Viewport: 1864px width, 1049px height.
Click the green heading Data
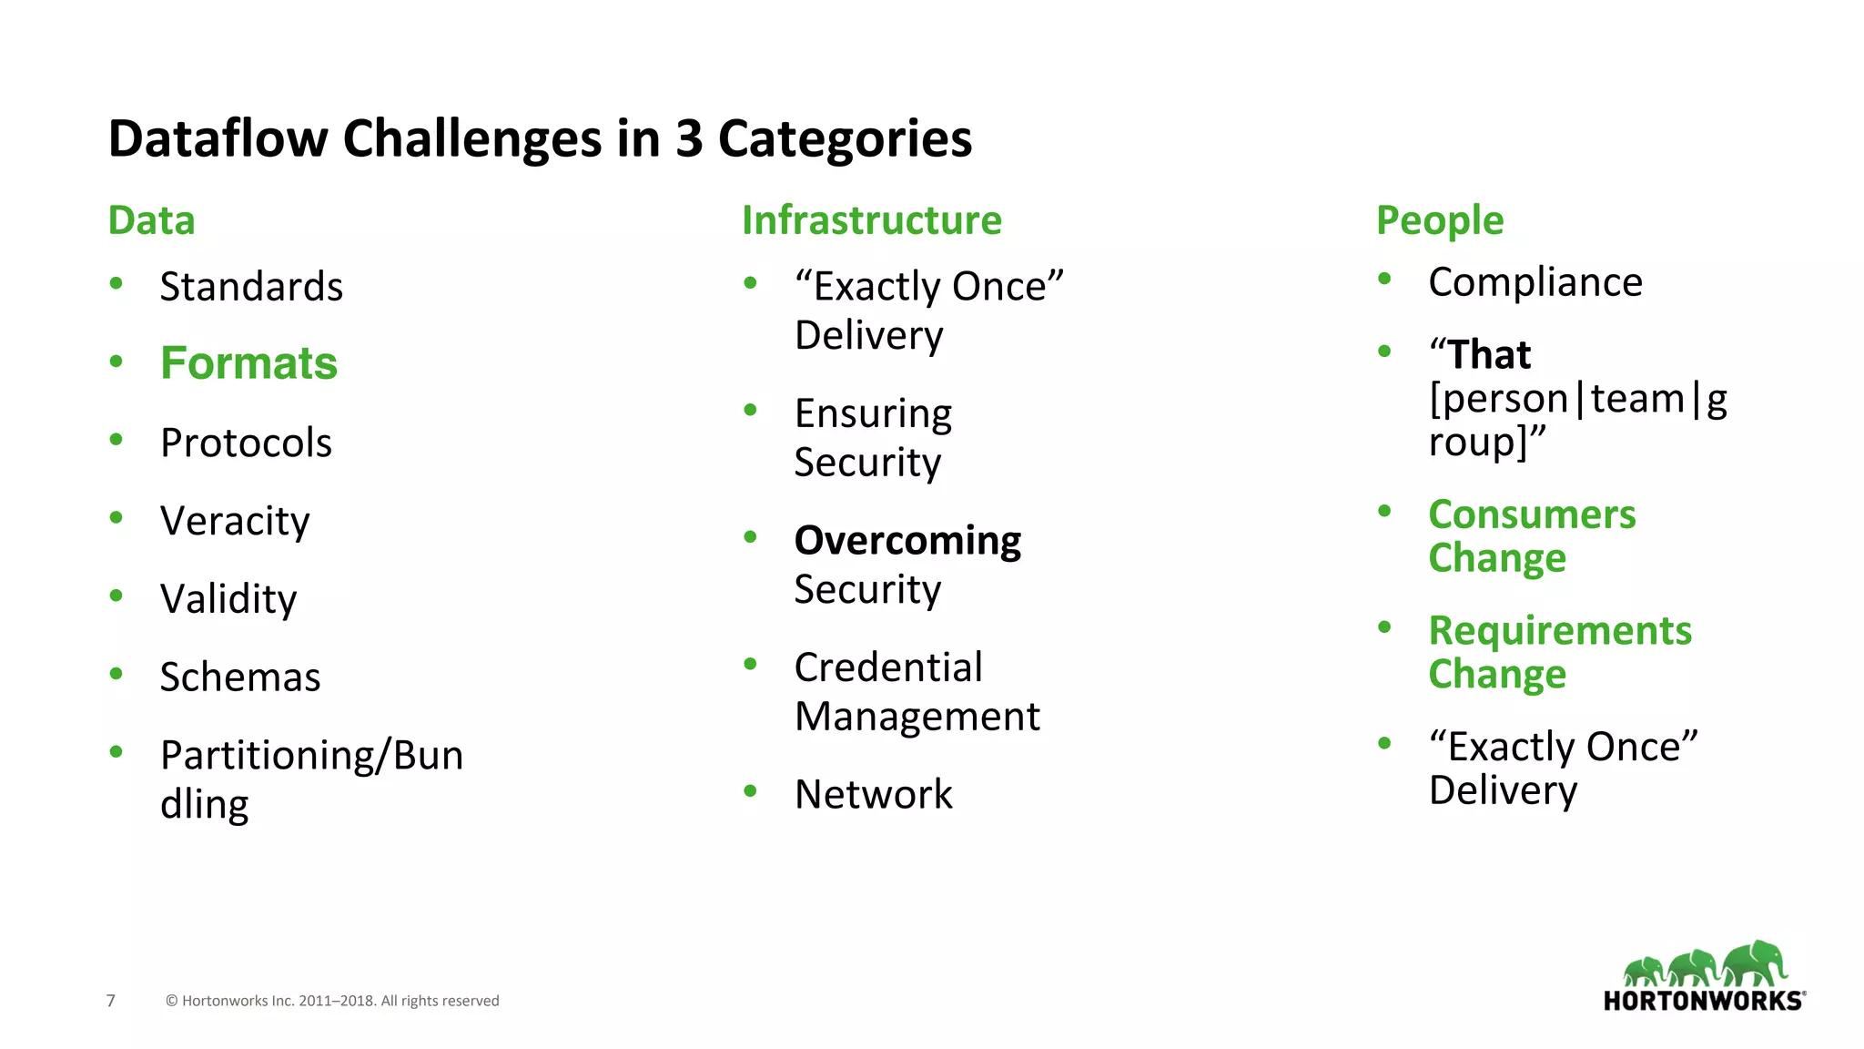click(x=151, y=220)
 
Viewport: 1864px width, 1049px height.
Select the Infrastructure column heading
click(x=871, y=220)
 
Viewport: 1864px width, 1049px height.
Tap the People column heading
click(x=1439, y=220)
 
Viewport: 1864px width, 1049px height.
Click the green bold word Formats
click(x=248, y=363)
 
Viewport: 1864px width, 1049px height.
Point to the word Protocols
click(x=246, y=443)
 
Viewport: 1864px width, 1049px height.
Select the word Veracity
click(x=235, y=521)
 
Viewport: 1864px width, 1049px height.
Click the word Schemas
click(x=240, y=677)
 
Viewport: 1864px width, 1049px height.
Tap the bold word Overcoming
click(x=907, y=541)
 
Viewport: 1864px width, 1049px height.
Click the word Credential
click(x=888, y=667)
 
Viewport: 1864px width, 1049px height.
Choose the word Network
click(x=873, y=794)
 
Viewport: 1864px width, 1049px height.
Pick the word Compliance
click(x=1535, y=282)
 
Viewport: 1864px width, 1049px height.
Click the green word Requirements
click(x=1559, y=630)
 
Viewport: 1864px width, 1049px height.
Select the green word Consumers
click(x=1532, y=514)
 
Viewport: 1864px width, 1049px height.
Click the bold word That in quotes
click(x=1489, y=354)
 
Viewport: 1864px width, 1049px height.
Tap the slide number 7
click(x=111, y=1001)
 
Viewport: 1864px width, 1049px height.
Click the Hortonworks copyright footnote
click(x=332, y=1001)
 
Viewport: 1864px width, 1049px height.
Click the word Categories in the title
click(x=845, y=138)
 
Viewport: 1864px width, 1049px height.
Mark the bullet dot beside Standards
click(x=116, y=283)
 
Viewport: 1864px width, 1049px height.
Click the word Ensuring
click(x=873, y=413)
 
